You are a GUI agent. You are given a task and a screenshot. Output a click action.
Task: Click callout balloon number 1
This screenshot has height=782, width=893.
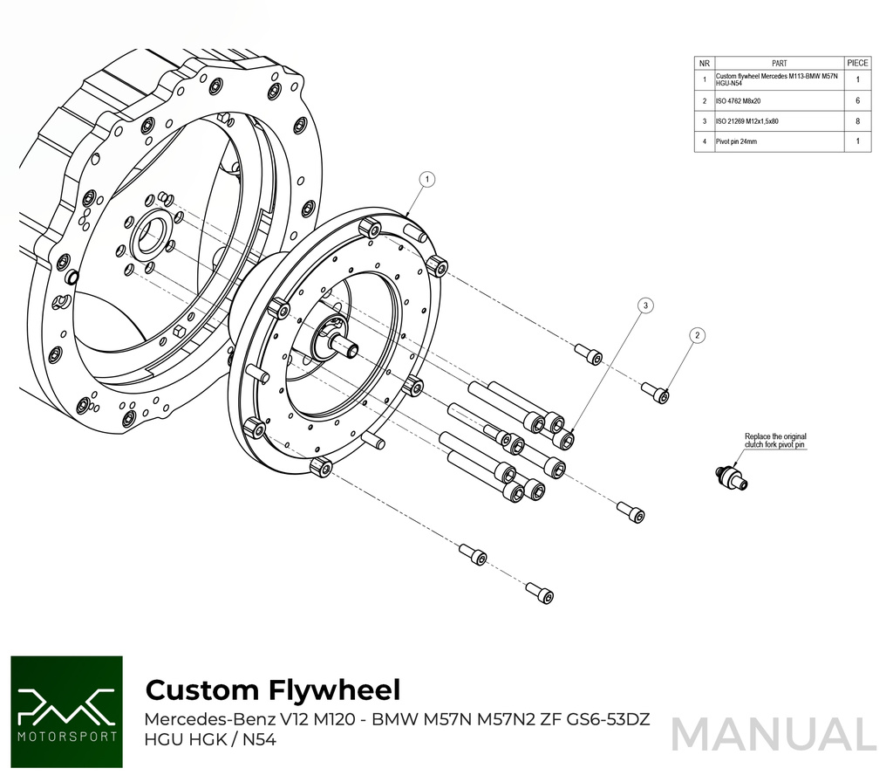pyautogui.click(x=426, y=179)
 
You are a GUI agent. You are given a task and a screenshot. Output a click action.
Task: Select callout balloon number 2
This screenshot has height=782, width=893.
pyautogui.click(x=697, y=335)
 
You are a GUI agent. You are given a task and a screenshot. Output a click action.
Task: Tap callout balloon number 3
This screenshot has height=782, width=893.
pyautogui.click(x=644, y=305)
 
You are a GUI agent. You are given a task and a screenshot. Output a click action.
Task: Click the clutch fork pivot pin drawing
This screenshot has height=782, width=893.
pyautogui.click(x=730, y=476)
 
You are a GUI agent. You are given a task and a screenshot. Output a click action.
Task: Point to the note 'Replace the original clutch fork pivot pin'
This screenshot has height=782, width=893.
pyautogui.click(x=775, y=441)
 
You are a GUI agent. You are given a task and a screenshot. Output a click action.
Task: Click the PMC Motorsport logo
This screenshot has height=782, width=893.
pyautogui.click(x=67, y=712)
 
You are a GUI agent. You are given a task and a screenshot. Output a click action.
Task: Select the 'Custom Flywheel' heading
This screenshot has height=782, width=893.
pyautogui.click(x=272, y=689)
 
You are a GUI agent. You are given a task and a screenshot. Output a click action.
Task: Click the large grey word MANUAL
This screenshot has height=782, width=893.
pyautogui.click(x=773, y=734)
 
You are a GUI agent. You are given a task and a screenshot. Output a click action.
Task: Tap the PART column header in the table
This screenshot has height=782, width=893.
pyautogui.click(x=779, y=63)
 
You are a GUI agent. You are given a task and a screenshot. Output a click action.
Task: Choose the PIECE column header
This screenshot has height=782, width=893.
pyautogui.click(x=858, y=63)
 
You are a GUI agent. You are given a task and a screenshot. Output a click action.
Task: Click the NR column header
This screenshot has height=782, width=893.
pyautogui.click(x=704, y=63)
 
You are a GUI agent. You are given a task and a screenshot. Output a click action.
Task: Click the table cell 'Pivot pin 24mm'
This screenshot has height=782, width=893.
pyautogui.click(x=738, y=141)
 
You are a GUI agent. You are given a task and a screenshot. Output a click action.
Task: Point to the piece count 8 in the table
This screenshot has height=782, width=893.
pyautogui.click(x=858, y=121)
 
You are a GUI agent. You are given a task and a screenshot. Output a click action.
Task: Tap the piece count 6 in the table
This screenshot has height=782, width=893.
pyautogui.click(x=858, y=101)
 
